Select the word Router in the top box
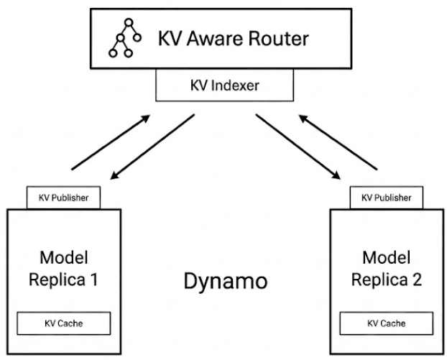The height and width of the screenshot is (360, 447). click(x=283, y=40)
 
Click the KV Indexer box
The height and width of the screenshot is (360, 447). click(x=224, y=88)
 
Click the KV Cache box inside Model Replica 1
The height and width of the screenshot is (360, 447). click(x=63, y=323)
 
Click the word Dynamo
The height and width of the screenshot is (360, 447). click(x=223, y=281)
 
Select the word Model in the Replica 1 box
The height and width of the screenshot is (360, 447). click(x=63, y=258)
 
